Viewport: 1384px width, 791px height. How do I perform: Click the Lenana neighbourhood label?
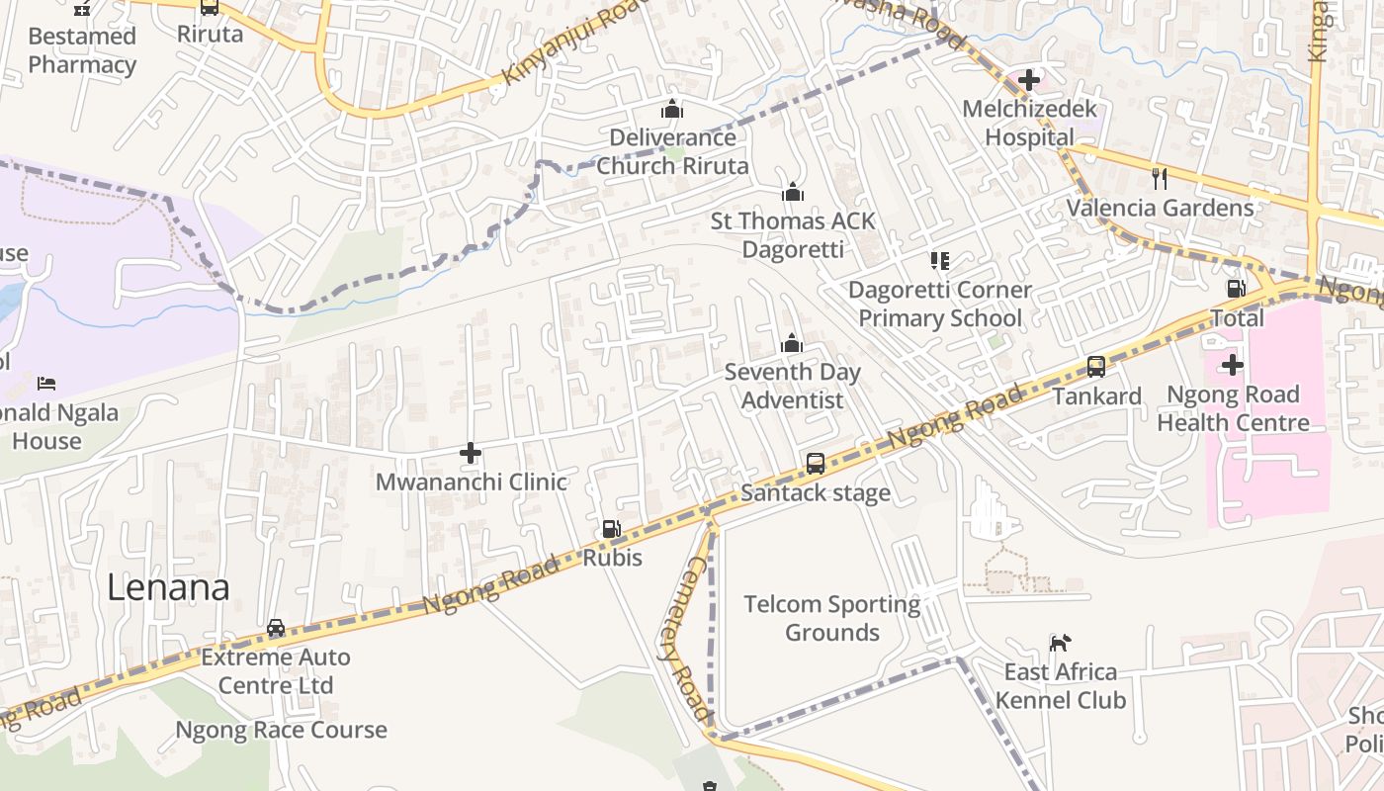pos(168,587)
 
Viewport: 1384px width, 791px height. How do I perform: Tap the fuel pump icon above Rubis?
pos(612,529)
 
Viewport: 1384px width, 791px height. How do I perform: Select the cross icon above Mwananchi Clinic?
pos(471,453)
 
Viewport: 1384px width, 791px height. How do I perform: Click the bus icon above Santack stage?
pos(816,463)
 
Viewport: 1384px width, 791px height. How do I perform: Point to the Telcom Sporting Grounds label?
pos(831,618)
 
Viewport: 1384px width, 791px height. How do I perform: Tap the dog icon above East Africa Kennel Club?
pos(1060,643)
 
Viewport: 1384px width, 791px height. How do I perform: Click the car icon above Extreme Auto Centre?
pos(276,628)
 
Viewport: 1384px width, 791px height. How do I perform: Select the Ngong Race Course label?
pos(281,730)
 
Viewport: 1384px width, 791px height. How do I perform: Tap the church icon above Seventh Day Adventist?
pos(791,343)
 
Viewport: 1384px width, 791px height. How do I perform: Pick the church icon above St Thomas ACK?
pos(792,192)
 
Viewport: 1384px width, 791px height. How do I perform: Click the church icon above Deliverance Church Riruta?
pos(672,109)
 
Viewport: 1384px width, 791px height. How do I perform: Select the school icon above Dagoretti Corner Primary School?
pos(939,261)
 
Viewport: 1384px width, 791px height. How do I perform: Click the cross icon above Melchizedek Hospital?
pos(1029,79)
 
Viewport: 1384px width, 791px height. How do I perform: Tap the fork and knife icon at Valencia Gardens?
pos(1160,179)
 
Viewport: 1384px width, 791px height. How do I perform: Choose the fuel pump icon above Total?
pos(1236,289)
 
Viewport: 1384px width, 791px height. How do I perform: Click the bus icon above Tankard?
pos(1096,367)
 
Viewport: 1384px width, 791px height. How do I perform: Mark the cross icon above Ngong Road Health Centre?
pos(1232,365)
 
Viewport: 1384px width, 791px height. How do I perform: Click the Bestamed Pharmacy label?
pos(82,50)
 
